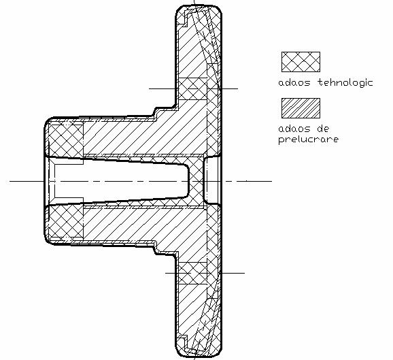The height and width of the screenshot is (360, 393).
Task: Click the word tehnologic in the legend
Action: pyautogui.click(x=345, y=83)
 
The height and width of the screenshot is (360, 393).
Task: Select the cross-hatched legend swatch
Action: pyautogui.click(x=301, y=62)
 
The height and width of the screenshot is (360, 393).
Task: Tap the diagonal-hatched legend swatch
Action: pyautogui.click(x=301, y=108)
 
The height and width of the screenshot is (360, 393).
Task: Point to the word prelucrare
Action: pyautogui.click(x=309, y=140)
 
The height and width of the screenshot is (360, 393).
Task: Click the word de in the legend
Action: pyautogui.click(x=324, y=129)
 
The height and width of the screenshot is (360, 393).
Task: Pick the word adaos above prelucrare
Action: pyautogui.click(x=294, y=129)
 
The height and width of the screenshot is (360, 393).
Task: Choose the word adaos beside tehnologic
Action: pyautogui.click(x=294, y=82)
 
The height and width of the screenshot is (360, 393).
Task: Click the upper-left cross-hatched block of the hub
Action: pyautogui.click(x=66, y=140)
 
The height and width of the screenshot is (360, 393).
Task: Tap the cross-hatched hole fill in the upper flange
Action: pyautogui.click(x=193, y=88)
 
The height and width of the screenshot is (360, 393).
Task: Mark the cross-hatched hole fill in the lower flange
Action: pyautogui.click(x=193, y=273)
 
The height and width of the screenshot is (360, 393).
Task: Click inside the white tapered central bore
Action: pyautogui.click(x=120, y=181)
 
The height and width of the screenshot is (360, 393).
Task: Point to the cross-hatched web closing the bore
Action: pyautogui.click(x=196, y=181)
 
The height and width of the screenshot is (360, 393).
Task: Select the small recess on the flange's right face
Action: pyautogui.click(x=212, y=181)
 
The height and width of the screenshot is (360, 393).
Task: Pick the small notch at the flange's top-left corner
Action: pyautogui.click(x=182, y=19)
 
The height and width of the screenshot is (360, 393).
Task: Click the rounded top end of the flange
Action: pyautogui.click(x=199, y=7)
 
